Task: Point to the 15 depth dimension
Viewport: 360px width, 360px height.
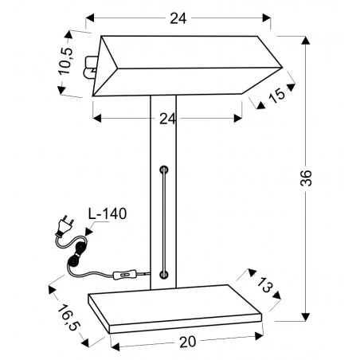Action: (276, 96)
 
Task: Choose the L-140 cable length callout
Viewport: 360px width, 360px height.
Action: (107, 213)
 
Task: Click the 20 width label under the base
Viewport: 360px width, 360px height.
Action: (187, 343)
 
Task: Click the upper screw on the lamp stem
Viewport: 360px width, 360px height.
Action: (164, 170)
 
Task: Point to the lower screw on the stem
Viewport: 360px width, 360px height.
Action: (164, 274)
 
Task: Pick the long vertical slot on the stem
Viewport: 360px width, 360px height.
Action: (164, 223)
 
